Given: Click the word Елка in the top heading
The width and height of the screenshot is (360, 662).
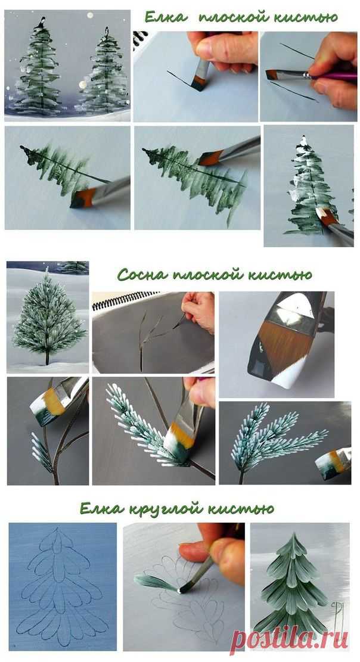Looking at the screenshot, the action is tap(166, 17).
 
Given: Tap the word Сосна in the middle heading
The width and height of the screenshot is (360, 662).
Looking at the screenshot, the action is tap(139, 275).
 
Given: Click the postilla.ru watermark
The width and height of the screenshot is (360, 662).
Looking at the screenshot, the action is tap(291, 639).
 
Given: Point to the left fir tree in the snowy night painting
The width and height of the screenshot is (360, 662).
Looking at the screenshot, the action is tap(40, 67).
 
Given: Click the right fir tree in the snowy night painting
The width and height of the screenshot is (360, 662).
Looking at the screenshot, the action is tap(104, 72).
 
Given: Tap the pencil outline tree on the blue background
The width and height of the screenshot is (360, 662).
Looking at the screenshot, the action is tap(61, 587).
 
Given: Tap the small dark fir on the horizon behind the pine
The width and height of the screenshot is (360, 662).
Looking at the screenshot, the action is tap(73, 267).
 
